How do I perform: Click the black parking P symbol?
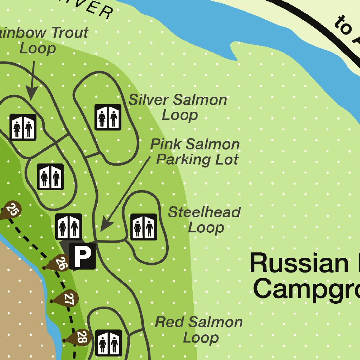point(83,256)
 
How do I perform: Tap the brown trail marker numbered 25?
point(12,211)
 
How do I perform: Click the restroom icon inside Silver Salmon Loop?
point(108,117)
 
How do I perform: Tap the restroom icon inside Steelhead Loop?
point(144,227)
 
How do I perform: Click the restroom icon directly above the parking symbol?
point(69,227)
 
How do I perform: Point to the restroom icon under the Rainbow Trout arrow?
point(23,127)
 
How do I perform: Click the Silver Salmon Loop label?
point(178,107)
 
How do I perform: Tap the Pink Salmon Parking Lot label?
point(195,152)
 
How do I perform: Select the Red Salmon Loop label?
point(199,329)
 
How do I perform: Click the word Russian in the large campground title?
point(299,264)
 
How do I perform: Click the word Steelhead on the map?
point(205,212)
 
